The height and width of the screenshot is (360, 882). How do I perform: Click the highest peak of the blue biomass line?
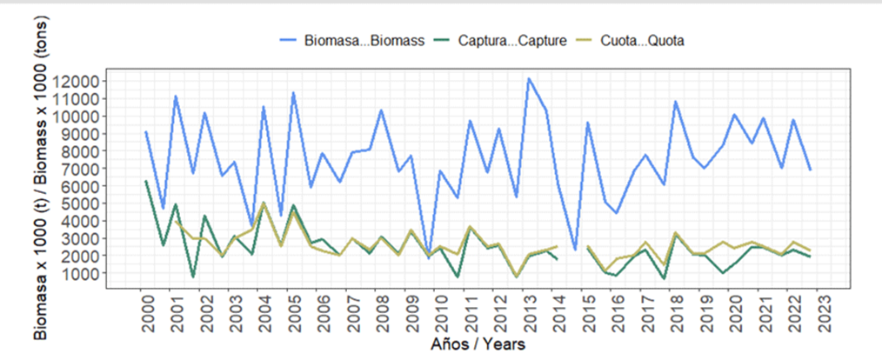(x=528, y=78)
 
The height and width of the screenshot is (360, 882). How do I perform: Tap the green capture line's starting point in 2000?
(x=146, y=181)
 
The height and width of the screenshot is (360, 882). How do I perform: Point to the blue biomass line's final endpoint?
(x=811, y=170)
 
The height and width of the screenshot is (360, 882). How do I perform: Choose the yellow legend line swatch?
(x=592, y=41)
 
